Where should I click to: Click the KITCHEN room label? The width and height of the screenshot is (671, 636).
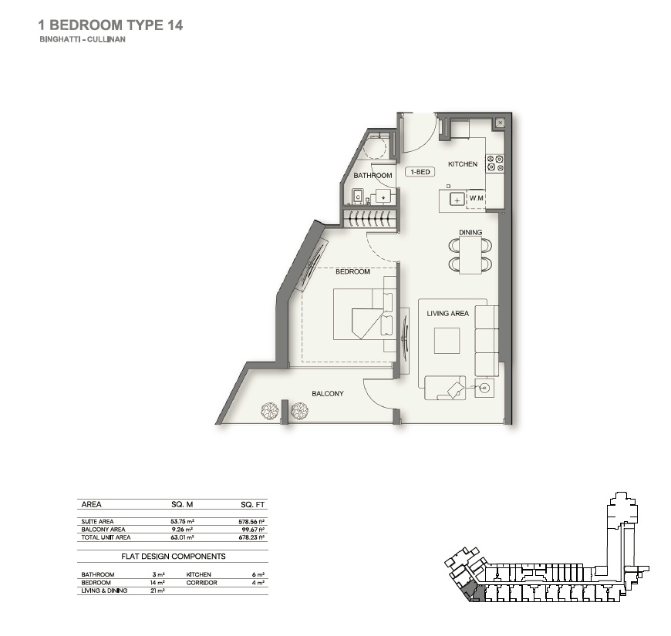(463, 164)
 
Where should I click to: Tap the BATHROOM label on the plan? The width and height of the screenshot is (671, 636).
(373, 176)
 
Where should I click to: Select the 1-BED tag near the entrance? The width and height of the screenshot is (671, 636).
(420, 172)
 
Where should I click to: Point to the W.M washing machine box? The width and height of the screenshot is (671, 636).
(476, 199)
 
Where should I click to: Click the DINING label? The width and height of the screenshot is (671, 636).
(470, 233)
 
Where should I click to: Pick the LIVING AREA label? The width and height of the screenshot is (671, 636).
(448, 314)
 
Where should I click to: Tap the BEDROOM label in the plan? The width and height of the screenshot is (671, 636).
(352, 271)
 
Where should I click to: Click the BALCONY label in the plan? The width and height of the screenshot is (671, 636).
(327, 394)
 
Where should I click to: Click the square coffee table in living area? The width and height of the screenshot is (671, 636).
(447, 341)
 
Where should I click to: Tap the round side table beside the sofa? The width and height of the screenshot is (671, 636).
(484, 388)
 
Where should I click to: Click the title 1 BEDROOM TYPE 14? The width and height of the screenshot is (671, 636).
(110, 25)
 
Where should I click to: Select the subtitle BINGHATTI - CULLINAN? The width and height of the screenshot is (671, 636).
(81, 39)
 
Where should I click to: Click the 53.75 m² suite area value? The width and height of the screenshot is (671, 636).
(182, 522)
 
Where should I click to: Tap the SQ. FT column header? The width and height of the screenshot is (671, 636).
(253, 505)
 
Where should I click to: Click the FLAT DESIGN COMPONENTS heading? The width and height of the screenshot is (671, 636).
(173, 556)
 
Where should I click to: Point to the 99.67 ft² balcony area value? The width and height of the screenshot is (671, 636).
(252, 530)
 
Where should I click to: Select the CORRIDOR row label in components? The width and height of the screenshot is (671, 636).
(201, 583)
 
